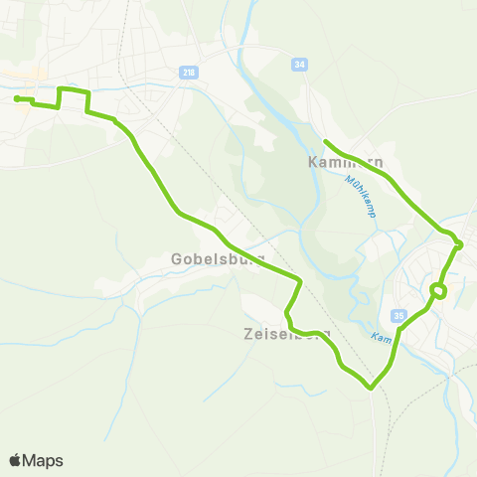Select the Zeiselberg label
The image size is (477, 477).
[x=285, y=335]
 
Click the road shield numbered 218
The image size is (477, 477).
[x=189, y=72]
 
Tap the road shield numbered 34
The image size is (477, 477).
[x=299, y=64]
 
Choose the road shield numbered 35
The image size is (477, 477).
[x=399, y=316]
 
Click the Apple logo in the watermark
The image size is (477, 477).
[x=16, y=460]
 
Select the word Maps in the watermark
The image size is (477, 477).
[x=44, y=460]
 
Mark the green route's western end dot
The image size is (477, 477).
[x=17, y=97]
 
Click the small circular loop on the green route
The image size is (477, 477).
[x=437, y=290]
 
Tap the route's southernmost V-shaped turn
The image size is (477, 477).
[x=372, y=388]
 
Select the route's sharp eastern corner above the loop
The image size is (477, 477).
[x=460, y=244]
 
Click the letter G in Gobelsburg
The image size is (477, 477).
[x=177, y=258]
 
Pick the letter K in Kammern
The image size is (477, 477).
[x=314, y=162]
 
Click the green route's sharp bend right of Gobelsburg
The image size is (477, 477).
[x=299, y=278]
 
